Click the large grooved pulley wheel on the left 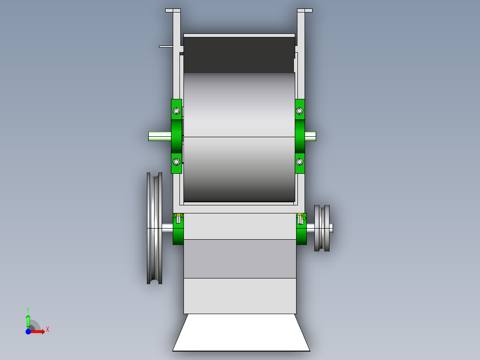tap(154, 228)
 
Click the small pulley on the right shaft tap(322, 228)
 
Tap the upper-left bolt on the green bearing tap(176, 111)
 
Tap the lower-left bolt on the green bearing tap(176, 161)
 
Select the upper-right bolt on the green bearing tap(300, 111)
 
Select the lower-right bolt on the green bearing tap(300, 161)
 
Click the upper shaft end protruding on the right tap(310, 135)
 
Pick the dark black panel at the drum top tap(239, 54)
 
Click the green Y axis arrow tap(28, 319)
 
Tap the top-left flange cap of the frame tap(173, 10)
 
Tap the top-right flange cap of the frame tap(305, 10)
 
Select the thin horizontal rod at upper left tap(166, 46)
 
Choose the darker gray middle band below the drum tap(240, 259)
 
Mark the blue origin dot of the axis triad tap(28, 331)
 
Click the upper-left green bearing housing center tap(176, 136)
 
